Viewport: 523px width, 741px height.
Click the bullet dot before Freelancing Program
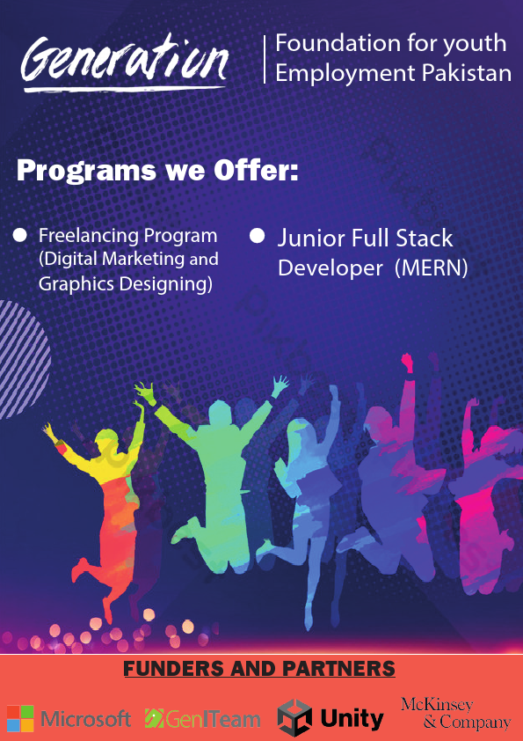click(20, 235)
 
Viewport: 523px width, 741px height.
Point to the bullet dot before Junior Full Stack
click(258, 236)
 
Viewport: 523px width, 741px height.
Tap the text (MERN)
click(431, 268)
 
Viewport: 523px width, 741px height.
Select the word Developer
click(331, 268)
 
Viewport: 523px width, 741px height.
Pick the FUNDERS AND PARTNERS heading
click(259, 669)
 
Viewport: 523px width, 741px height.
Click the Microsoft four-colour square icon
click(20, 718)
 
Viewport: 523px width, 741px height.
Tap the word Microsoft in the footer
click(86, 719)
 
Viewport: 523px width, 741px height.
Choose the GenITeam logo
click(203, 718)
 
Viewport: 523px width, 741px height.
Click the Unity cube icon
click(295, 717)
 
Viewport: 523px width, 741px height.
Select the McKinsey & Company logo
click(455, 714)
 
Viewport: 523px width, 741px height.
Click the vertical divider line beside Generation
click(265, 60)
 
